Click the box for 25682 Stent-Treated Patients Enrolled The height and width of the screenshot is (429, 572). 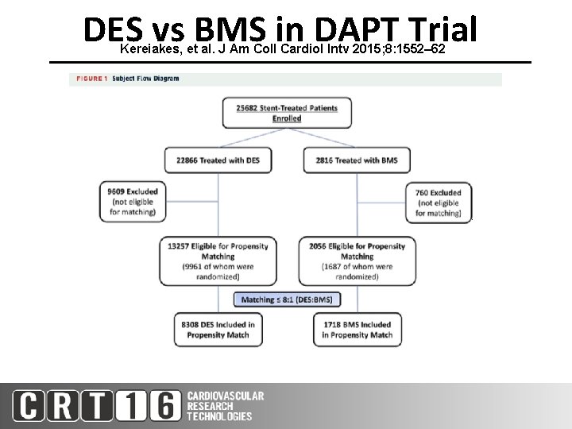(x=287, y=113)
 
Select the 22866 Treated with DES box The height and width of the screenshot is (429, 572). (x=218, y=160)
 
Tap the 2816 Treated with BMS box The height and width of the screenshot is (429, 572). (x=356, y=160)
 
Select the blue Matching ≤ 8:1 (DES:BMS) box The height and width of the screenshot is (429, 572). (x=286, y=300)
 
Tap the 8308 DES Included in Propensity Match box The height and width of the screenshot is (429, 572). (x=218, y=330)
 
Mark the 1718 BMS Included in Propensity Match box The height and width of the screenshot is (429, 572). (x=357, y=330)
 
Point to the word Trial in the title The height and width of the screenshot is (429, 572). (x=439, y=30)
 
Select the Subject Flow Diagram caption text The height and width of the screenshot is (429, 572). (x=145, y=79)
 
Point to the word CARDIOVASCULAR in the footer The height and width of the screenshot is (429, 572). (x=226, y=396)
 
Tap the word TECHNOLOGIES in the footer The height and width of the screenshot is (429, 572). (x=220, y=416)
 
